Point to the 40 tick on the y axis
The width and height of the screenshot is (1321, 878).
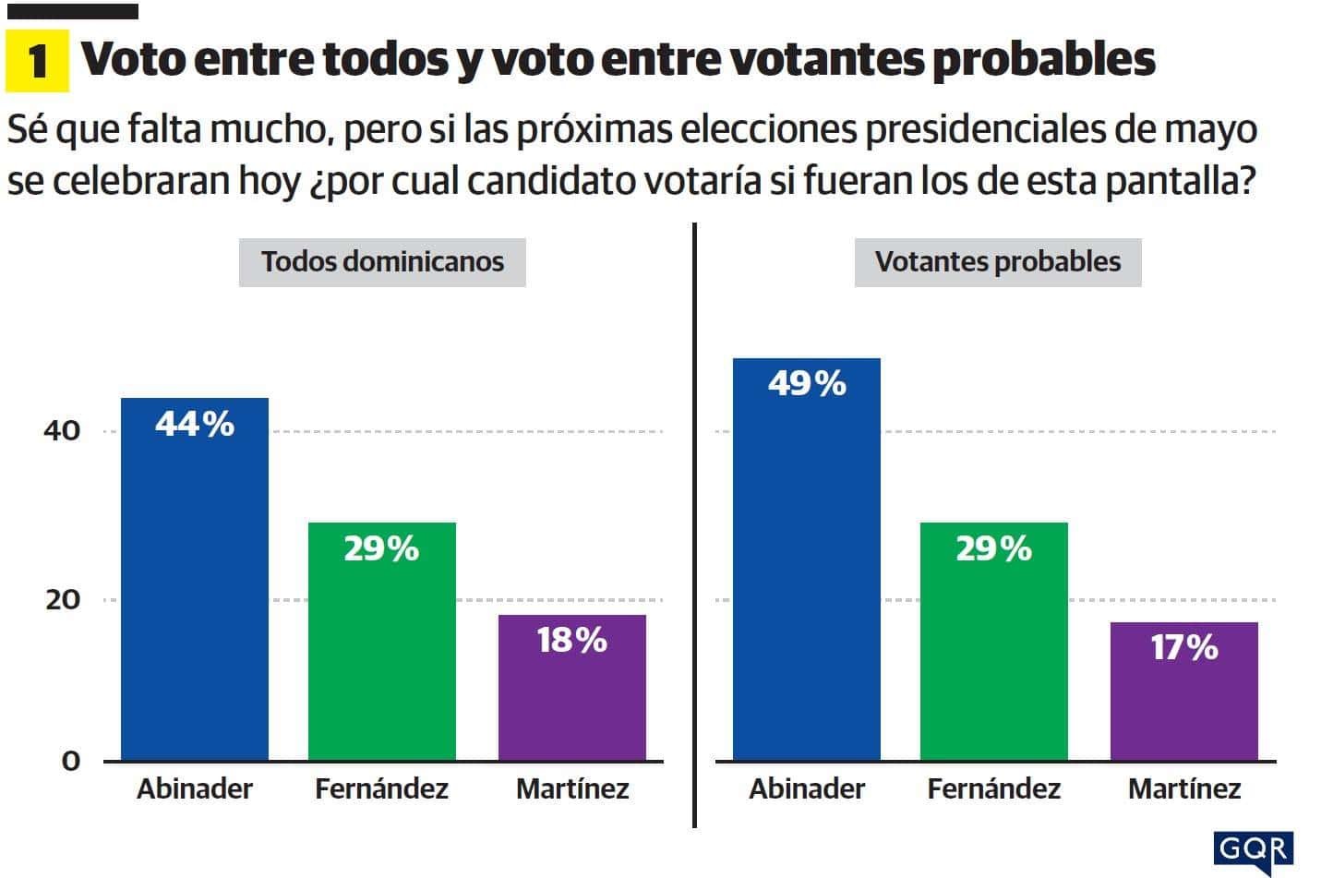tap(62, 431)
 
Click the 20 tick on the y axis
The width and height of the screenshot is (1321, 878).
tap(62, 600)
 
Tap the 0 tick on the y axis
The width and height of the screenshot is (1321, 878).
tap(71, 761)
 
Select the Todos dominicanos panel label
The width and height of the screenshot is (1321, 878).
tap(382, 262)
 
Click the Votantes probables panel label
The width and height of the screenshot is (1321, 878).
tap(997, 262)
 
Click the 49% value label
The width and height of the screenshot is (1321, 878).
tap(807, 383)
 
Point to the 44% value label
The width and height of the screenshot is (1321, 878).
tap(195, 424)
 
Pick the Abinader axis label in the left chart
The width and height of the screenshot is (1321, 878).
tap(195, 789)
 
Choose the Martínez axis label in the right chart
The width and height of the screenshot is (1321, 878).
tap(1184, 789)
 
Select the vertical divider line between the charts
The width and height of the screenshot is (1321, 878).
tap(694, 526)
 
